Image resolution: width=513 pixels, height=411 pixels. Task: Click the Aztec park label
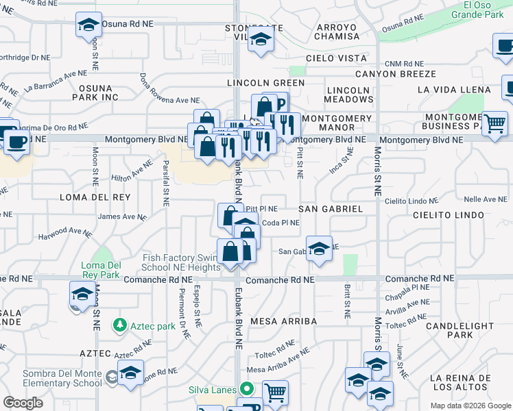(152, 326)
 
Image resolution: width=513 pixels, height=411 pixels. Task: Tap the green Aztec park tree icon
(120, 324)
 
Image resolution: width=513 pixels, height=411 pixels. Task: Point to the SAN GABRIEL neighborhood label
(331, 208)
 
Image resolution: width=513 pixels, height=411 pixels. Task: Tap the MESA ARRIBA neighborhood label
(283, 321)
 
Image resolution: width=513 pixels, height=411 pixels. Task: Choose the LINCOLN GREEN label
(265, 83)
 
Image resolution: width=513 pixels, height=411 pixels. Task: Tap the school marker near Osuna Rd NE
(89, 25)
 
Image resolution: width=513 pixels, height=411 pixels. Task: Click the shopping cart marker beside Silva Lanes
(275, 393)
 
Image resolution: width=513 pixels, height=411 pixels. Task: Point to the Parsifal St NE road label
(165, 183)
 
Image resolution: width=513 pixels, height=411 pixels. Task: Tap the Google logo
(23, 403)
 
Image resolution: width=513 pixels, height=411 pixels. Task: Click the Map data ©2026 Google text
(470, 406)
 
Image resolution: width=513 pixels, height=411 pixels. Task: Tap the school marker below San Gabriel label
(319, 249)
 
